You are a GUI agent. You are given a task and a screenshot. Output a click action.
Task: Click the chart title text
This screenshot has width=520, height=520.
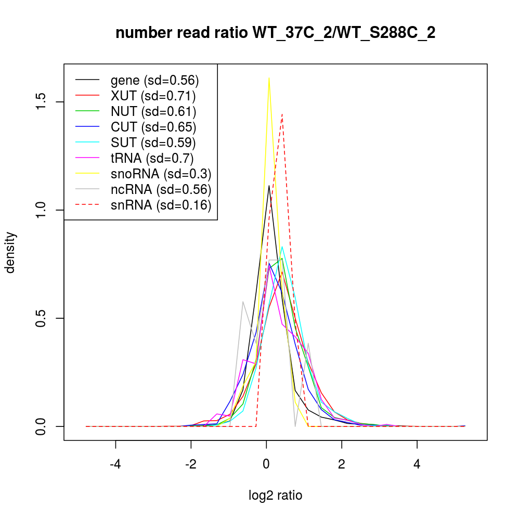pyautogui.click(x=275, y=33)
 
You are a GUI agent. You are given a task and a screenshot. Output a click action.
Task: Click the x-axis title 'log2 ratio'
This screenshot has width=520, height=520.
pyautogui.click(x=276, y=495)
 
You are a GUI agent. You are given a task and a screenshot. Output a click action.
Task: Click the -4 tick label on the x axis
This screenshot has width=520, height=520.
pyautogui.click(x=115, y=464)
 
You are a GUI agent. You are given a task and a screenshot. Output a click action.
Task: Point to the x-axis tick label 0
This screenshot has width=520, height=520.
pyautogui.click(x=266, y=464)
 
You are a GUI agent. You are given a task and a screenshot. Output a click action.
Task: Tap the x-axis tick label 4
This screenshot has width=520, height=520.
pyautogui.click(x=417, y=464)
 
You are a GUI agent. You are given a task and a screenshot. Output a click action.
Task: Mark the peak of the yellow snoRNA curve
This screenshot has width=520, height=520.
pyautogui.click(x=269, y=79)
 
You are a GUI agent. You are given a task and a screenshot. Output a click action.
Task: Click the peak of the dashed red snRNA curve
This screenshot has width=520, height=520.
pyautogui.click(x=282, y=114)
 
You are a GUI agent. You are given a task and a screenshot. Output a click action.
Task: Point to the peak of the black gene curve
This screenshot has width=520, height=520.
pyautogui.click(x=269, y=185)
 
